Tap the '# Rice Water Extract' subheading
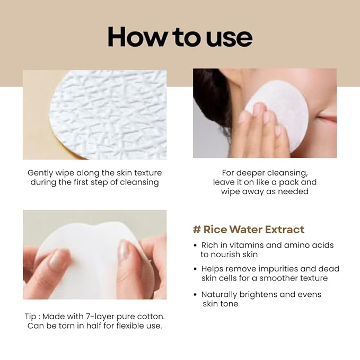coord(248,230)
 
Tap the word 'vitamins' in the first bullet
coord(241,245)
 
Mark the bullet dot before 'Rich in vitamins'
coord(195,245)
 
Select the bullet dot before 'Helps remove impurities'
coord(195,269)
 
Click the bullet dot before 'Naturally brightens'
coord(195,294)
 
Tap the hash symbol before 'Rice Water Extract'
coord(196,230)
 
